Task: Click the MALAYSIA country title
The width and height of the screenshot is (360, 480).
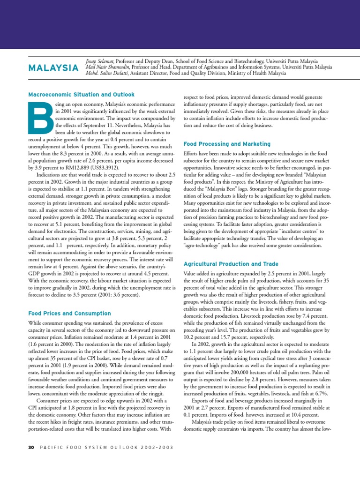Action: (x=53, y=68)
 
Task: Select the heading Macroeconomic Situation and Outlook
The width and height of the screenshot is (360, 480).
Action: (x=82, y=94)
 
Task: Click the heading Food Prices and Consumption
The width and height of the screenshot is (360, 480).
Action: (x=70, y=313)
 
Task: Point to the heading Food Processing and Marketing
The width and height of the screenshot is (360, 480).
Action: (x=227, y=144)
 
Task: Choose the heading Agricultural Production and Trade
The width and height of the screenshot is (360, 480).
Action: (x=231, y=264)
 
